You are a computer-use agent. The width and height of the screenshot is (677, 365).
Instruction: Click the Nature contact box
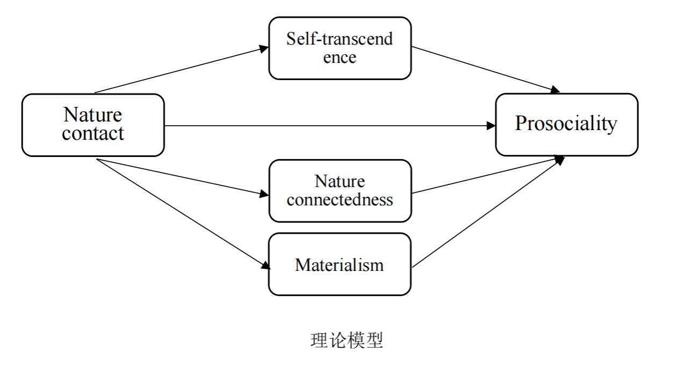[x=93, y=125]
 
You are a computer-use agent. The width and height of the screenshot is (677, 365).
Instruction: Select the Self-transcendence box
[x=340, y=48]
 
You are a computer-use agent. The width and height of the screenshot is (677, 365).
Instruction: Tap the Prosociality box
[x=566, y=124]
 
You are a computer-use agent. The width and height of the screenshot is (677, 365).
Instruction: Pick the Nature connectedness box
[x=340, y=190]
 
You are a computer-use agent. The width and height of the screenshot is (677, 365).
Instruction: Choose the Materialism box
[x=340, y=264]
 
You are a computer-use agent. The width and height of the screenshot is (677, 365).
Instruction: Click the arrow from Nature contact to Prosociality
[x=328, y=126]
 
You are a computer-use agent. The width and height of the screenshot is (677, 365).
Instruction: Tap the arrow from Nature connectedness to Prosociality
[x=484, y=176]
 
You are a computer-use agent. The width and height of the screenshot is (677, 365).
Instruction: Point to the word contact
[x=93, y=133]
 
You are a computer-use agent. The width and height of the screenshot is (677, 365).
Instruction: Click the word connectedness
[x=340, y=200]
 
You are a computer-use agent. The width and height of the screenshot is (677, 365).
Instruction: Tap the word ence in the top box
[x=340, y=57]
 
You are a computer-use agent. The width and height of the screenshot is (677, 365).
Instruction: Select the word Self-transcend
[x=340, y=39]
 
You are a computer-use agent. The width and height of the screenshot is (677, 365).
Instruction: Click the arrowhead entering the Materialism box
[x=265, y=265]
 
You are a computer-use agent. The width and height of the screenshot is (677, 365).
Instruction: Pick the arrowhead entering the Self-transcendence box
[x=264, y=48]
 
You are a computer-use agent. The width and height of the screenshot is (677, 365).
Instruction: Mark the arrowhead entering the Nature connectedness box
[x=264, y=194]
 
